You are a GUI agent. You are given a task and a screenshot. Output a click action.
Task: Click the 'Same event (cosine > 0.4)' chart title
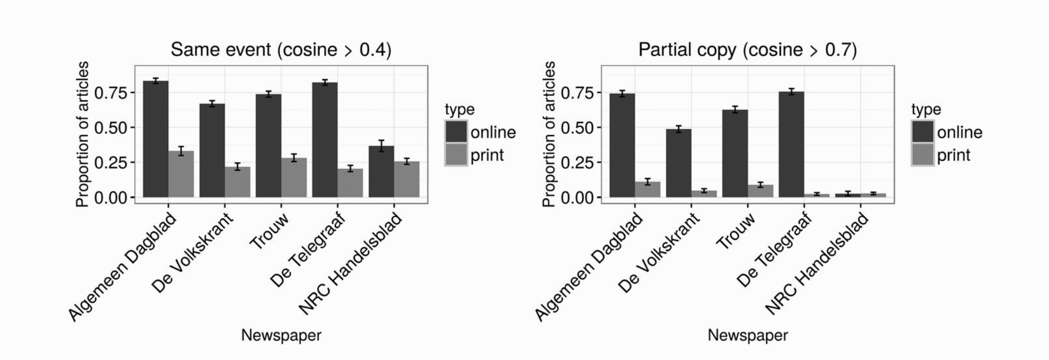(x=281, y=50)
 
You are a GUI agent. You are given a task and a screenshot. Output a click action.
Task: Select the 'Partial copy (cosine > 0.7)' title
(x=747, y=50)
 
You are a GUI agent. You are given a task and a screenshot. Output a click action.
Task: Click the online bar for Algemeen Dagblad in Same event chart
(x=155, y=139)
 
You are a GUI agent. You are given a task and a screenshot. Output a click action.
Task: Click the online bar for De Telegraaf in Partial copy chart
(x=792, y=144)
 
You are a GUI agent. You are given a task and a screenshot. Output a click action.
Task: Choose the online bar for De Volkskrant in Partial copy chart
(x=678, y=163)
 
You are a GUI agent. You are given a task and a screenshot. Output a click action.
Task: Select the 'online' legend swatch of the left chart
(x=456, y=132)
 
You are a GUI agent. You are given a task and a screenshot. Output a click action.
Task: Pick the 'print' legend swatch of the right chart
(x=923, y=155)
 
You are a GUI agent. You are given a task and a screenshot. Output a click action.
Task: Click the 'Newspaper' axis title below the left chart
(x=281, y=336)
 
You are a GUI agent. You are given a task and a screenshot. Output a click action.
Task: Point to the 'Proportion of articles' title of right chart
(x=548, y=134)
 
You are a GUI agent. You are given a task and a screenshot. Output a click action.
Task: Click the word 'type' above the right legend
(x=926, y=109)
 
